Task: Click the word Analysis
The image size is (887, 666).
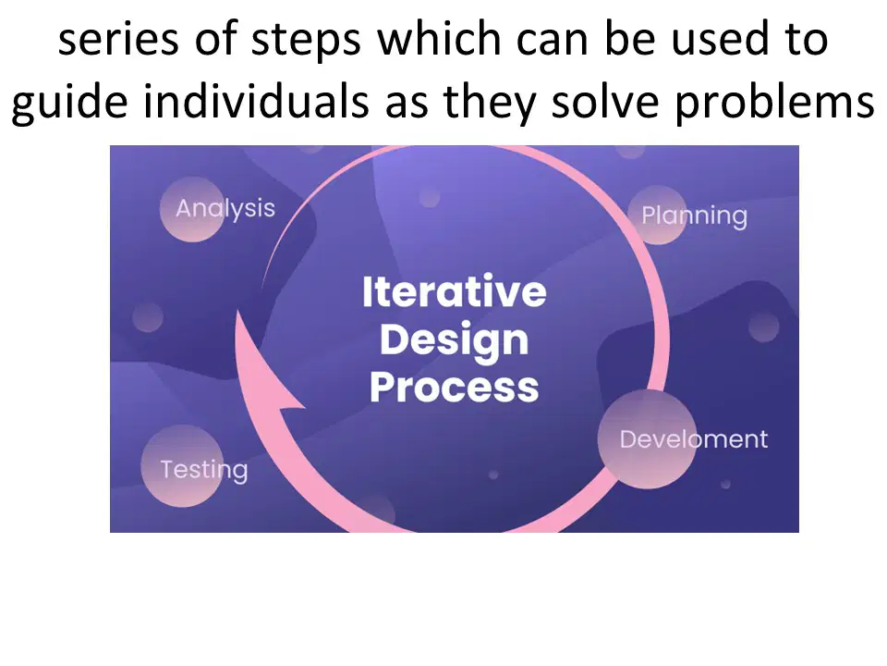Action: pyautogui.click(x=225, y=209)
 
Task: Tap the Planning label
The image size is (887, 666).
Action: pyautogui.click(x=694, y=216)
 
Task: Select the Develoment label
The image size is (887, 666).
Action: pyautogui.click(x=694, y=438)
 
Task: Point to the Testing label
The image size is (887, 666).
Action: pyautogui.click(x=204, y=470)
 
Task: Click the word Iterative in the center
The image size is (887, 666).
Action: pyautogui.click(x=455, y=291)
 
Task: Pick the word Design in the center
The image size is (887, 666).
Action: pyautogui.click(x=455, y=340)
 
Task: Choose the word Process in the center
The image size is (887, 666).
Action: pyautogui.click(x=455, y=388)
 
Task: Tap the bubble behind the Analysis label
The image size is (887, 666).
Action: pyautogui.click(x=192, y=210)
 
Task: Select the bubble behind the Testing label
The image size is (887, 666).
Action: pyautogui.click(x=182, y=465)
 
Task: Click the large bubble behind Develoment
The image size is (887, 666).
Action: pyautogui.click(x=647, y=438)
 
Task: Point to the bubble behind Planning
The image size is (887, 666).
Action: pyautogui.click(x=657, y=216)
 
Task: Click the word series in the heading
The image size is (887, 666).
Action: pyautogui.click(x=119, y=40)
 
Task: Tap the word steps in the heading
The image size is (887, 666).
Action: pyautogui.click(x=306, y=41)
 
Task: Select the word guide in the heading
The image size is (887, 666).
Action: pyautogui.click(x=69, y=102)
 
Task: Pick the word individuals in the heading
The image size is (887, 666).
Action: pyautogui.click(x=256, y=101)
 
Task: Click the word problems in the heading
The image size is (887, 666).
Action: pyautogui.click(x=775, y=102)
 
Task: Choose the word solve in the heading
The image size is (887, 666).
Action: pyautogui.click(x=605, y=101)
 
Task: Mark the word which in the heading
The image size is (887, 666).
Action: pyautogui.click(x=439, y=39)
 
